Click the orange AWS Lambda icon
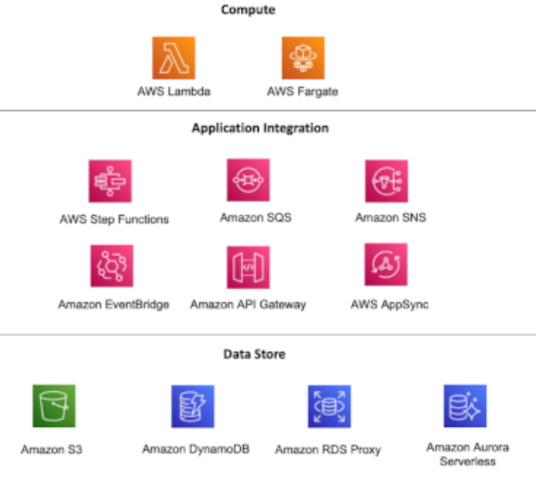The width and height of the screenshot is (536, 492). (x=174, y=57)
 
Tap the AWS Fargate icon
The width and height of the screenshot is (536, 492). (x=303, y=57)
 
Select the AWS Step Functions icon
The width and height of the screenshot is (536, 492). (x=110, y=181)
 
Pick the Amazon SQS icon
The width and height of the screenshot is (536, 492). (x=249, y=180)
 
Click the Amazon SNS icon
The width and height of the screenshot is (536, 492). (x=386, y=180)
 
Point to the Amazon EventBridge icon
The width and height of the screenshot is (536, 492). (x=110, y=266)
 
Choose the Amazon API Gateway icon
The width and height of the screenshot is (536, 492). (x=249, y=267)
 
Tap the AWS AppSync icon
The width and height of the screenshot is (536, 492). (x=386, y=265)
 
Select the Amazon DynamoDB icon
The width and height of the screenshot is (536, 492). (x=193, y=406)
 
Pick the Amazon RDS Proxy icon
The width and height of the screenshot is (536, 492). (x=329, y=406)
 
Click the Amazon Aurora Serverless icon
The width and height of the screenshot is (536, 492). (x=466, y=406)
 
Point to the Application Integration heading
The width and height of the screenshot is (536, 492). (x=260, y=128)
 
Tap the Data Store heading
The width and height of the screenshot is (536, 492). (x=254, y=353)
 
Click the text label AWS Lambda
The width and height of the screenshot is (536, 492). (x=174, y=92)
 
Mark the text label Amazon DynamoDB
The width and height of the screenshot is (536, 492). (x=192, y=449)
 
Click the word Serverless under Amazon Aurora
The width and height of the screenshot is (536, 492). (x=467, y=460)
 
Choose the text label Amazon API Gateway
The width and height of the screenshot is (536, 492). (x=248, y=304)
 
